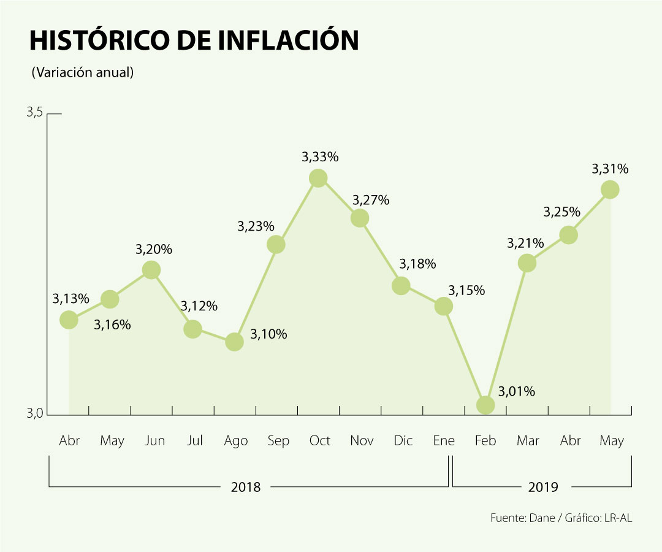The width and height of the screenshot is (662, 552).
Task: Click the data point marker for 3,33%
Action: [318, 178]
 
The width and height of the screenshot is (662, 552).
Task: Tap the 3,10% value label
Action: [268, 335]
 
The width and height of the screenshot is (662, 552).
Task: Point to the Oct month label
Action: [319, 440]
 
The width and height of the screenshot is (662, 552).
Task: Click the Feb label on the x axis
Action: [485, 440]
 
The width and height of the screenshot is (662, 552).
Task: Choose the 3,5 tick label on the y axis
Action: [34, 113]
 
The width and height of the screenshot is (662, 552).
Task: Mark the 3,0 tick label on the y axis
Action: [34, 415]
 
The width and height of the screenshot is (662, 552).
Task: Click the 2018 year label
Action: [246, 487]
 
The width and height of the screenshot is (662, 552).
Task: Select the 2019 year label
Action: [543, 487]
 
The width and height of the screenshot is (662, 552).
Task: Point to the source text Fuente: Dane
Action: [525, 518]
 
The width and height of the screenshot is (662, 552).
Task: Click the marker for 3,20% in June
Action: [151, 270]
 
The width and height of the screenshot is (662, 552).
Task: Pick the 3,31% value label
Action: [610, 169]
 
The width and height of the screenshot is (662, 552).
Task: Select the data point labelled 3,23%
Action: [276, 244]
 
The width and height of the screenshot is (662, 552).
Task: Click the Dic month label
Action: [403, 440]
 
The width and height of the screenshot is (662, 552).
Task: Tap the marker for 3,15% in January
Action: [444, 306]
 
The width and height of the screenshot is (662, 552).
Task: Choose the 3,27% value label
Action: [371, 201]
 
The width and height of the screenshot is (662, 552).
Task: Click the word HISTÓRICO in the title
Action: [98, 40]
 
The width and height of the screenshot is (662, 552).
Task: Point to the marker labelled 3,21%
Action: [527, 263]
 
